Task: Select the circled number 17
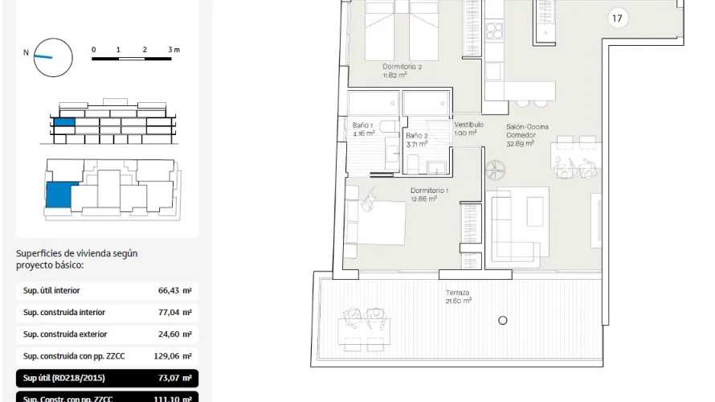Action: tap(617, 18)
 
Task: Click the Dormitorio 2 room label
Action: tap(402, 72)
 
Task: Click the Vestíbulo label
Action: tap(468, 129)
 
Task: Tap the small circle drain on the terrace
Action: tap(503, 320)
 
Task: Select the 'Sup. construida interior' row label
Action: tap(64, 313)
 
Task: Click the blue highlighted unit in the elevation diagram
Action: tap(63, 125)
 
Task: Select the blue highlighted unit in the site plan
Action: tap(58, 195)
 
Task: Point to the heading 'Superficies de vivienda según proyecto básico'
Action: tap(76, 259)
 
